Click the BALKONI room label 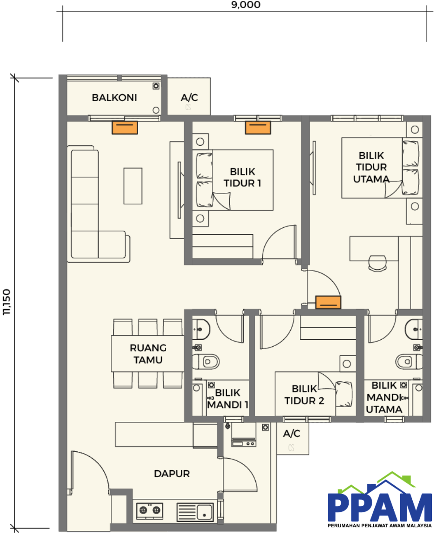click(114, 98)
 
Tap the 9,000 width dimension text click(246, 5)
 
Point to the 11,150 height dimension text click(7, 302)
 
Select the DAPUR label click(172, 474)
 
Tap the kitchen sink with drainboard click(195, 512)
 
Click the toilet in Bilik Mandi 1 click(206, 362)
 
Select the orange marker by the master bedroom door click(328, 303)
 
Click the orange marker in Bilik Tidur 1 click(258, 128)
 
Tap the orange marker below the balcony click(125, 128)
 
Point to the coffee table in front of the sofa click(133, 186)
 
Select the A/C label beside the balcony click(190, 98)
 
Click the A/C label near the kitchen click(292, 434)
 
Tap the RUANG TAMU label click(148, 354)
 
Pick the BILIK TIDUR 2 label click(304, 395)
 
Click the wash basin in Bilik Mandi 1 click(201, 329)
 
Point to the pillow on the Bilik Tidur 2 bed click(344, 394)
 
